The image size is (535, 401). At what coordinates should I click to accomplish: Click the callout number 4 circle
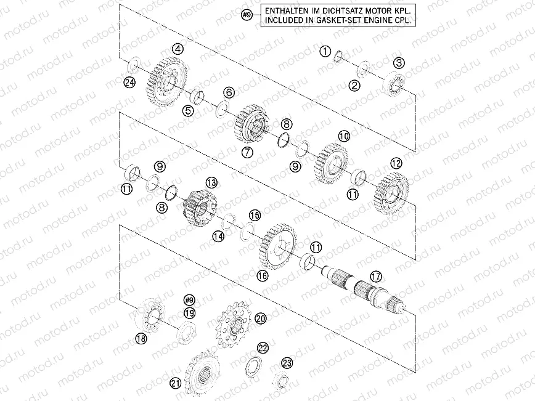point(178,49)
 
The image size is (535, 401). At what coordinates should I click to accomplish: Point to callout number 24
point(129,83)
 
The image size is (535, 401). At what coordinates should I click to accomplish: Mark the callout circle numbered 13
point(211,182)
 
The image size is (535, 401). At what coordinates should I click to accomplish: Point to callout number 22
point(263,348)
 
